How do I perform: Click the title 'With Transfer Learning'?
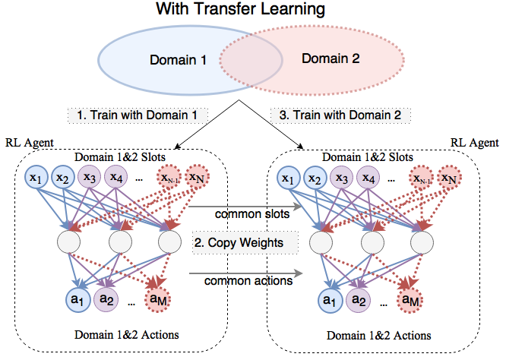point(240,9)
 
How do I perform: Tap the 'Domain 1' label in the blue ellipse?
point(178,60)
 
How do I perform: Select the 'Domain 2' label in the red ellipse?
point(330,58)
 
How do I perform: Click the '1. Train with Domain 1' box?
point(138,115)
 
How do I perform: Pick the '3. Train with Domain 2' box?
point(340,115)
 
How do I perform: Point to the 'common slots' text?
point(252,214)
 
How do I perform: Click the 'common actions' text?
point(248,281)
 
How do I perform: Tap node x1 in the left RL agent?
point(36,177)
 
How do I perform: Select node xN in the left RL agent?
point(198,177)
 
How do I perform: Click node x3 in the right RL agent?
point(342,178)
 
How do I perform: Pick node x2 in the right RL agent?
point(315,178)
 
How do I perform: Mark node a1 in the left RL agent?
point(77,300)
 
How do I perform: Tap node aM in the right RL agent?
point(410,301)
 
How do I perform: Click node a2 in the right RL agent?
point(358,301)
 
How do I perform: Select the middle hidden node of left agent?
point(120,242)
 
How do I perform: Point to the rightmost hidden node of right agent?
point(422,242)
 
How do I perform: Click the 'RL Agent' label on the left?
point(30,143)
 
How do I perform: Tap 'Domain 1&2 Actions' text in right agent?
point(379,336)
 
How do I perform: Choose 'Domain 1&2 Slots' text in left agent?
point(120,157)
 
